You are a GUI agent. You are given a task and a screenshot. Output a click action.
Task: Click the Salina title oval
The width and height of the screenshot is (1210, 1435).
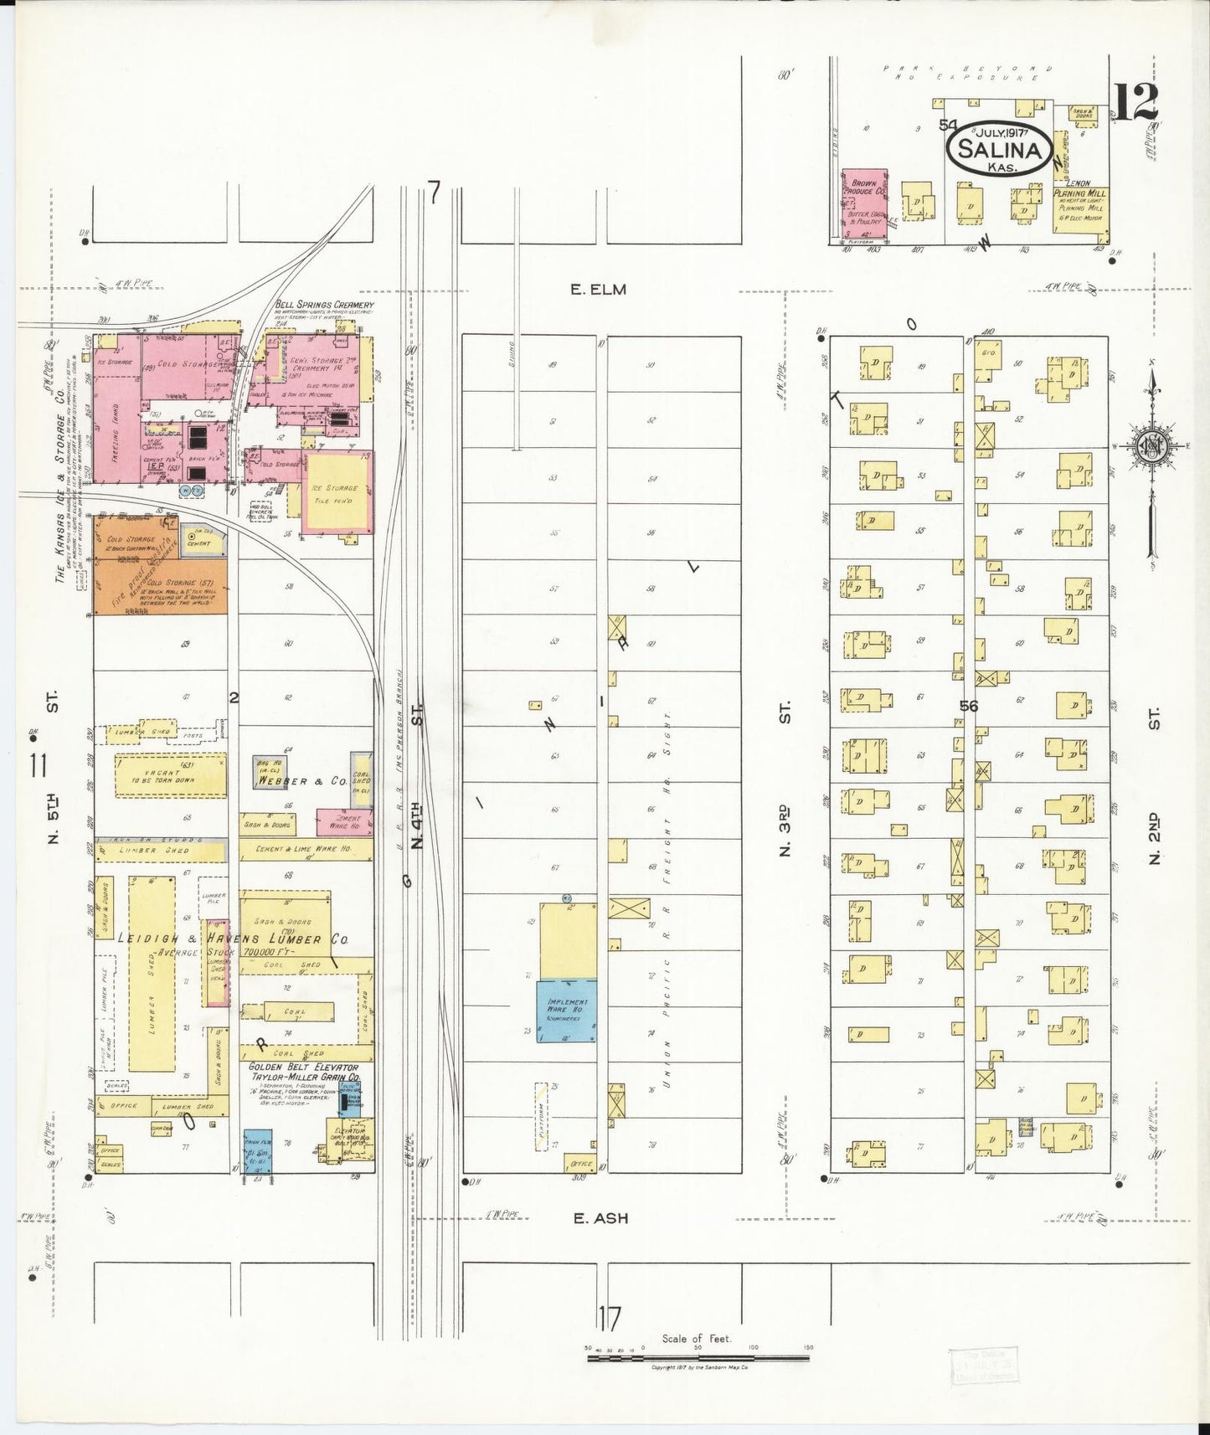coord(999,150)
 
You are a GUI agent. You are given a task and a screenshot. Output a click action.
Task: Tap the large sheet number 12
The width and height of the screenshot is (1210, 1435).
coord(1136,102)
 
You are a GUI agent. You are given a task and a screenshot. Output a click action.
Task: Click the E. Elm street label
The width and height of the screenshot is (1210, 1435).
coord(598,290)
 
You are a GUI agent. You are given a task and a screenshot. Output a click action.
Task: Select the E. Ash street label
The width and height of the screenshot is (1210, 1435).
coord(600,1218)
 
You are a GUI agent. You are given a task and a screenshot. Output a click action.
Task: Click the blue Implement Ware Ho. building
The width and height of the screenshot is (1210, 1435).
coord(567,1011)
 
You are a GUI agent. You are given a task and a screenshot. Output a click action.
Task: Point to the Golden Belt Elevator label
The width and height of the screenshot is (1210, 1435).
coord(303,1067)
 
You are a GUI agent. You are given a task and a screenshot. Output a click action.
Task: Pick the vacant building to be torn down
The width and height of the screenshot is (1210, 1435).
coord(170,774)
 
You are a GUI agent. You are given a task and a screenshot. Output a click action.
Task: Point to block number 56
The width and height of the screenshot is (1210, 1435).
coord(969,706)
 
